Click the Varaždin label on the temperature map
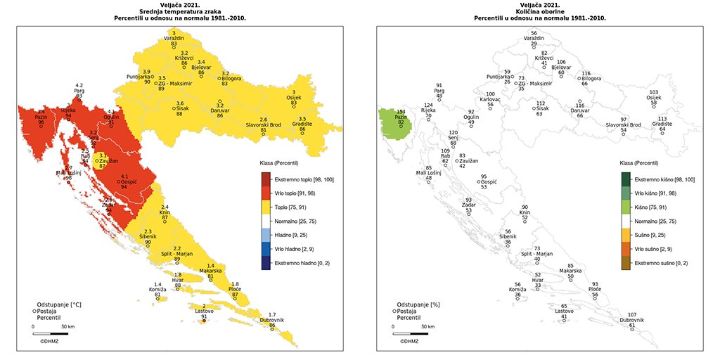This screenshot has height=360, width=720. (x=174, y=37)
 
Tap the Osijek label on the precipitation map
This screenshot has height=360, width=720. (x=654, y=97)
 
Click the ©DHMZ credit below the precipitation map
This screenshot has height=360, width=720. (x=411, y=341)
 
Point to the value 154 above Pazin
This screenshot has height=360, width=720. (x=401, y=112)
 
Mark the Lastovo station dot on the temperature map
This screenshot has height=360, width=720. (x=204, y=321)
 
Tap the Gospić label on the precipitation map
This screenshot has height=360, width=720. (x=488, y=181)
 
